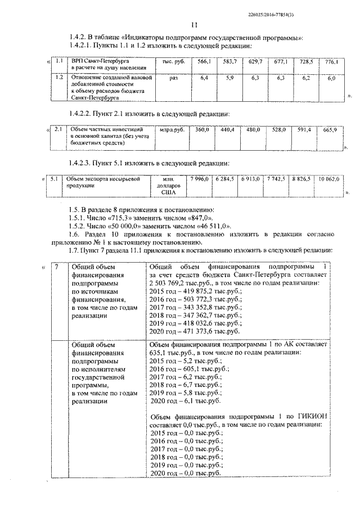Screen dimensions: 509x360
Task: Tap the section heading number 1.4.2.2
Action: (x=81, y=113)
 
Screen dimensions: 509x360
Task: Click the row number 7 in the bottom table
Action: (x=55, y=265)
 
